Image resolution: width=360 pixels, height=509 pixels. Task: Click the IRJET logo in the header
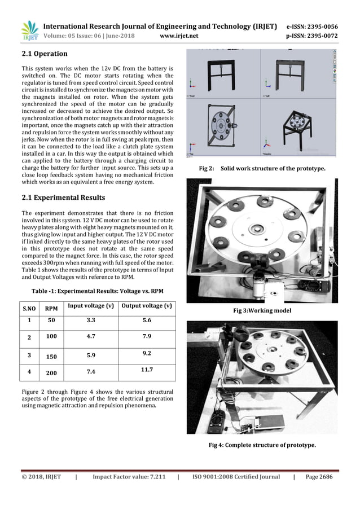tap(29, 31)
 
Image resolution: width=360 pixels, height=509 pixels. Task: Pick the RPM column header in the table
tap(51, 309)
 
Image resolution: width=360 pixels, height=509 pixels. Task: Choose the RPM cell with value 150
tap(51, 357)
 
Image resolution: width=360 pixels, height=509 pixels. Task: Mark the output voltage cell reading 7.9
tap(147, 337)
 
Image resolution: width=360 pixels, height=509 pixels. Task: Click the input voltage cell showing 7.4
tap(90, 372)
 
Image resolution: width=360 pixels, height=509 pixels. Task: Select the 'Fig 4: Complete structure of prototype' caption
tap(262, 445)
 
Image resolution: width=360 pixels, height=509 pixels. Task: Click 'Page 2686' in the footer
tap(319, 477)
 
